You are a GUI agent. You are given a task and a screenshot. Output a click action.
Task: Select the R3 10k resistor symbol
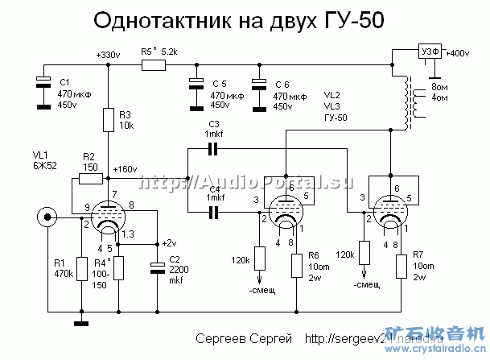pyautogui.click(x=106, y=122)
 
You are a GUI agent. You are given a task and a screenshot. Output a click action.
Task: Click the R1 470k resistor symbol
pyautogui.click(x=80, y=268)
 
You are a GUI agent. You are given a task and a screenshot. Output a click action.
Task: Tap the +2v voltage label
pyautogui.click(x=168, y=242)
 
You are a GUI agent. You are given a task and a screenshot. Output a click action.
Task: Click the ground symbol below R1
pyautogui.click(x=80, y=325)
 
